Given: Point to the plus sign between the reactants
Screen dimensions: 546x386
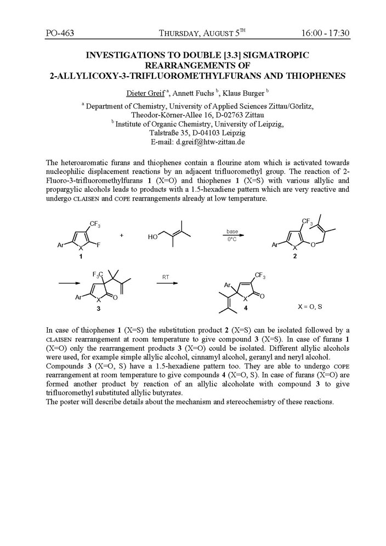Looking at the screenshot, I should pos(121,235).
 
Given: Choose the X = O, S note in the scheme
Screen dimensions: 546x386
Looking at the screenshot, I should pos(310,307).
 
